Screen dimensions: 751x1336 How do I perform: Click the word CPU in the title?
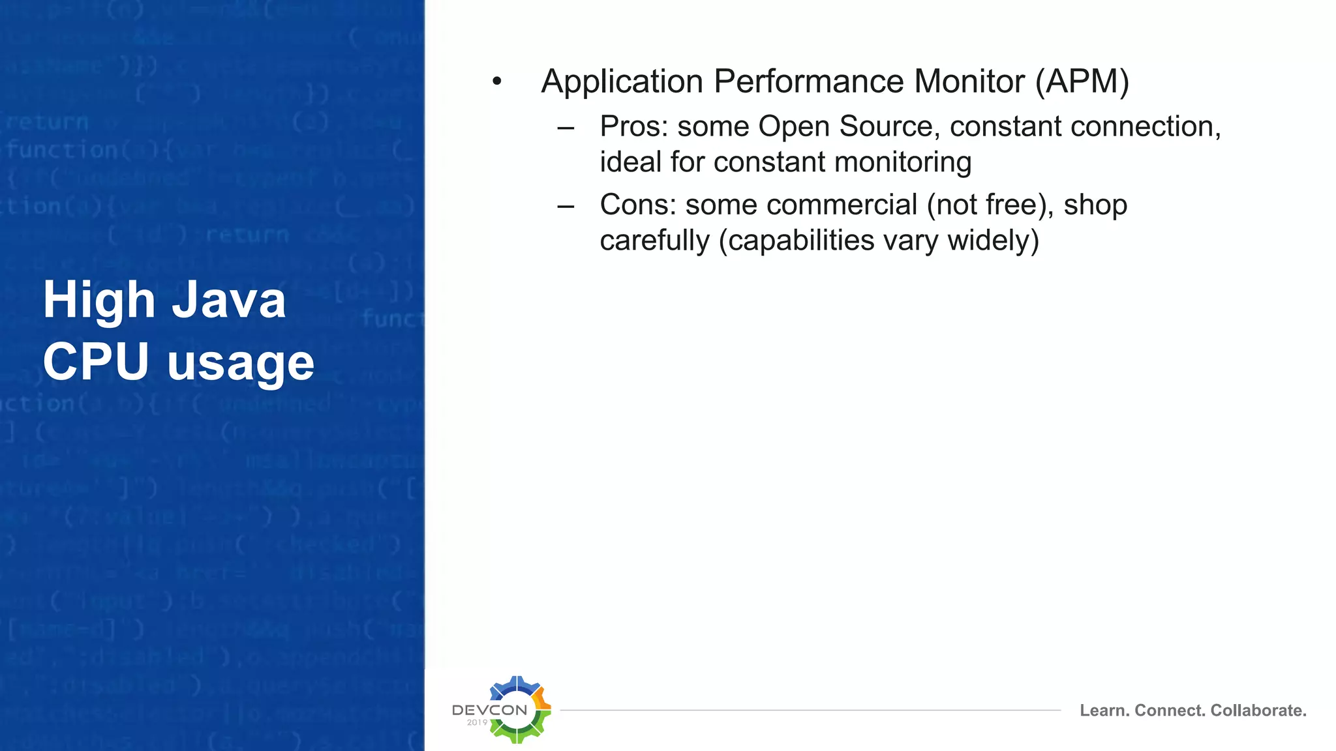tap(96, 362)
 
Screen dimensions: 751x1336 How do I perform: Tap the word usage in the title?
tap(241, 363)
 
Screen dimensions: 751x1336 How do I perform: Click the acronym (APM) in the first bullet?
tap(1082, 82)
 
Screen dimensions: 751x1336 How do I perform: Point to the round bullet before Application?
tap(497, 82)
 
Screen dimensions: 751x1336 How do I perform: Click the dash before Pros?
tap(566, 128)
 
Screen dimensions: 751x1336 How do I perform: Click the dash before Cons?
tap(566, 207)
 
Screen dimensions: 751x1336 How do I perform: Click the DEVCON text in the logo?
tap(489, 710)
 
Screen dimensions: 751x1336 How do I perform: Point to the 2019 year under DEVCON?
tap(477, 722)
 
